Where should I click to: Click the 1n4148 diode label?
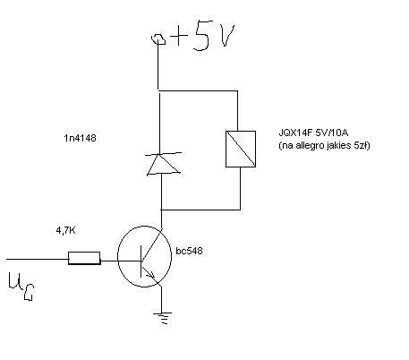point(80,138)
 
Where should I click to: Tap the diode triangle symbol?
point(163,164)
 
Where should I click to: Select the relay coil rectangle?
point(241,149)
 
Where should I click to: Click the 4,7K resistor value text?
point(65,230)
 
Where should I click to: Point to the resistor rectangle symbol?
point(84,258)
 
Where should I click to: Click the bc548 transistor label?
point(189,251)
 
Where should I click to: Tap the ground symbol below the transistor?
point(162,318)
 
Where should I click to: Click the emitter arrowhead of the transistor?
point(151,275)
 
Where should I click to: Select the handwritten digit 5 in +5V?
point(202,35)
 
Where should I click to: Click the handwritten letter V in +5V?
point(226,35)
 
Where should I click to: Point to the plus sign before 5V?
point(178,37)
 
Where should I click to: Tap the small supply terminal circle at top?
point(158,39)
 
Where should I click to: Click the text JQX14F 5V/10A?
point(313,133)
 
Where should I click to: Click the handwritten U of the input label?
point(14,281)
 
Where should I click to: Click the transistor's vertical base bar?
point(141,261)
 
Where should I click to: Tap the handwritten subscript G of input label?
point(29,292)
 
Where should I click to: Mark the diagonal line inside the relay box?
point(241,149)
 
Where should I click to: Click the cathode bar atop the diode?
point(164,154)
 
